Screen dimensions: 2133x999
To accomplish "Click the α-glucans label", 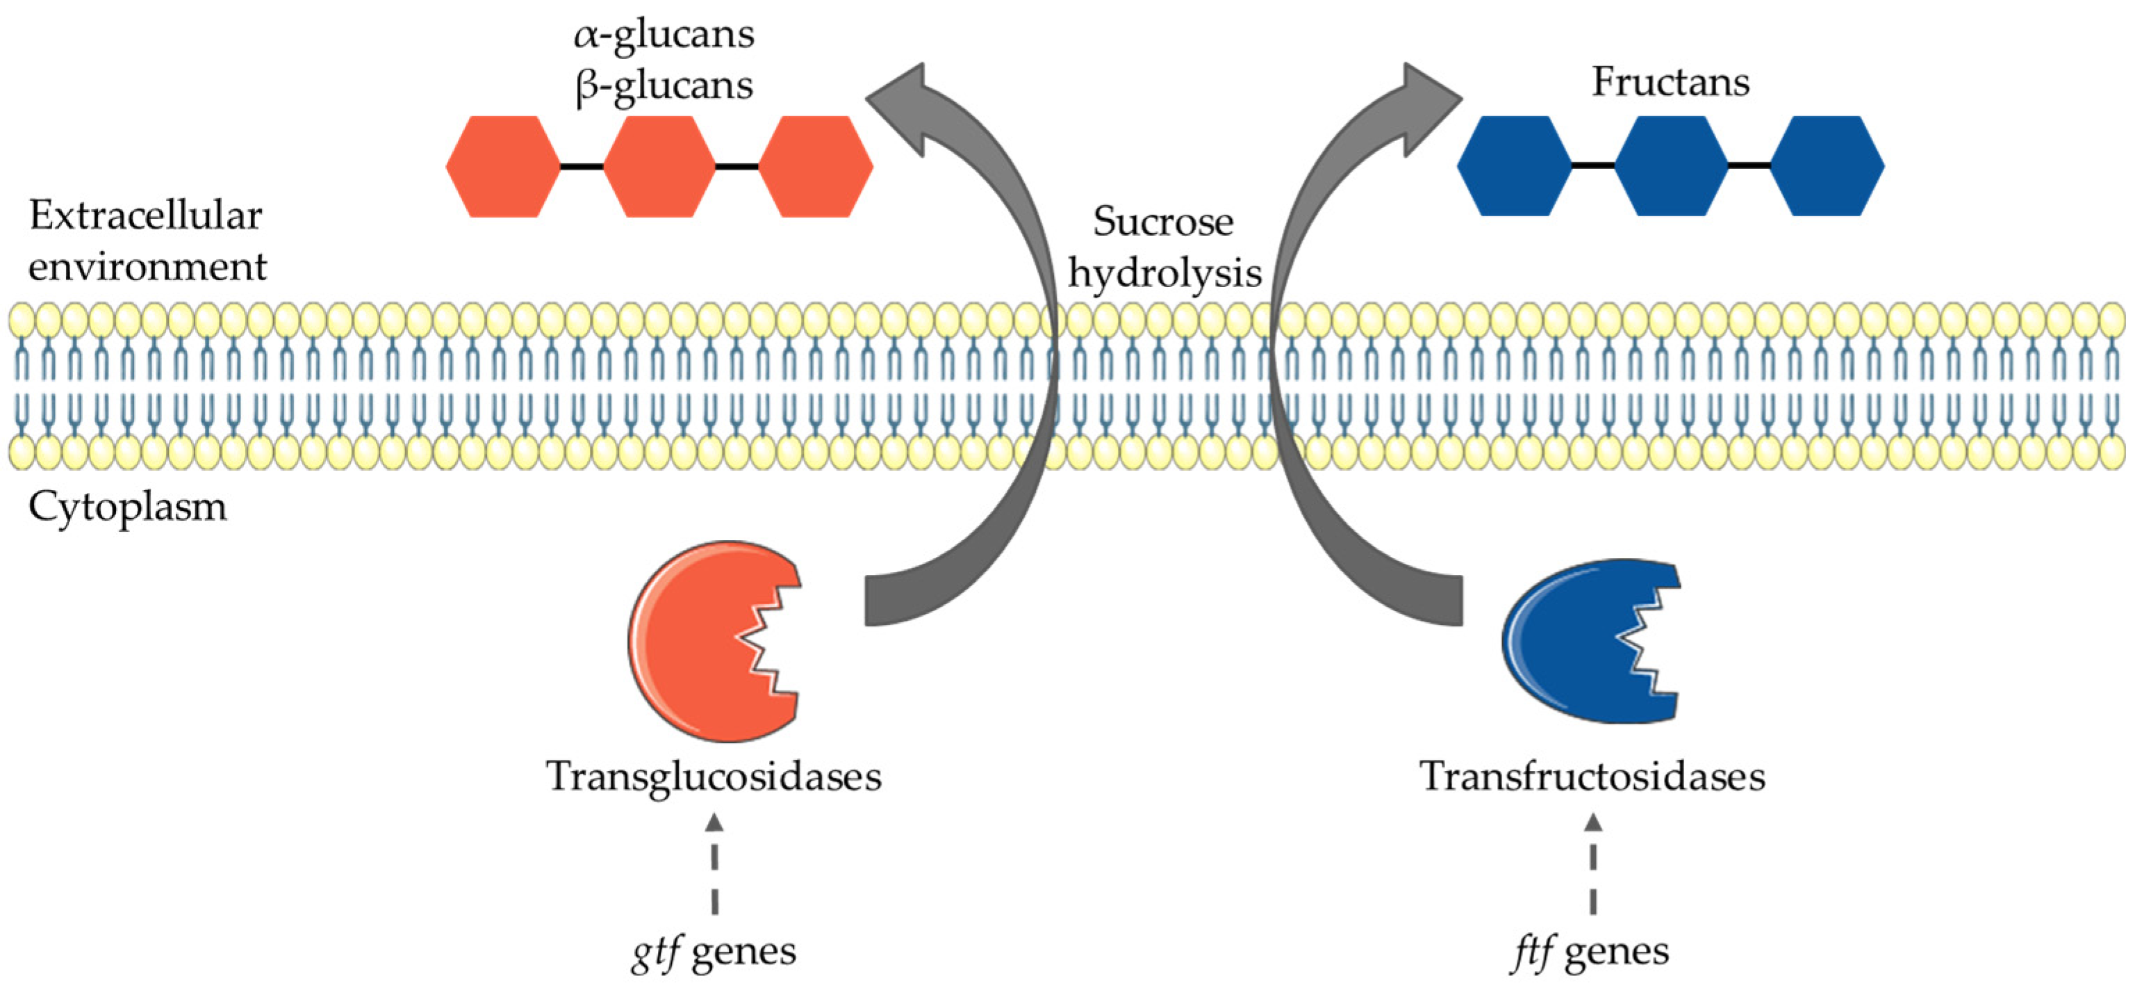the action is click(664, 35).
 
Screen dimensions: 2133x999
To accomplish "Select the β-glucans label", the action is click(664, 86).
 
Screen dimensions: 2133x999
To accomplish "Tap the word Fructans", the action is click(1670, 82).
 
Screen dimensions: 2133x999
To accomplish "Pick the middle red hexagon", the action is click(659, 167).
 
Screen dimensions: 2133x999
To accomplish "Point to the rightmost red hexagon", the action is click(816, 167).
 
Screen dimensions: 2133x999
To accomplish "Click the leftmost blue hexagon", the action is click(1515, 165).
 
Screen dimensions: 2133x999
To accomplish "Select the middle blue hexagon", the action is click(1671, 165).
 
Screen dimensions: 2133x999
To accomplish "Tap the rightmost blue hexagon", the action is click(1827, 165).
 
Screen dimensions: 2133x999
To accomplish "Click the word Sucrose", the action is click(1162, 222).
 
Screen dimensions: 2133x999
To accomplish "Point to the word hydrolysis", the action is click(1164, 273).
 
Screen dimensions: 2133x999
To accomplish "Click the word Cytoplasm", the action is click(128, 507).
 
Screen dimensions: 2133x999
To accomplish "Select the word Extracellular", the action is click(146, 216).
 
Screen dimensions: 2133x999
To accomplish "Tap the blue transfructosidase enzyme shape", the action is click(1590, 641).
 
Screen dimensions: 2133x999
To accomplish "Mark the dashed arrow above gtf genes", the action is click(714, 864).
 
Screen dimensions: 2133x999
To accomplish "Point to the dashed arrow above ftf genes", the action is click(1593, 864).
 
